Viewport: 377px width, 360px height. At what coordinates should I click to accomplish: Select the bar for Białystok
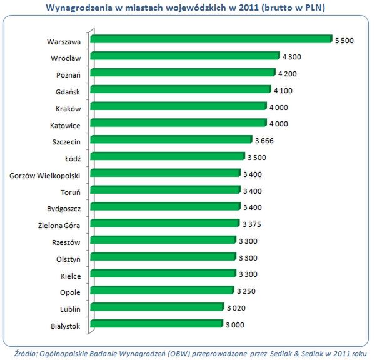[156, 324]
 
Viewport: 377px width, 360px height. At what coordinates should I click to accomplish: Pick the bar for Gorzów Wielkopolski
[165, 173]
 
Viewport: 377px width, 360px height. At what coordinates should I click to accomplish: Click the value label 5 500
[344, 41]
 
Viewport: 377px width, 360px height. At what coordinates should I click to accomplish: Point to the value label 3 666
[264, 141]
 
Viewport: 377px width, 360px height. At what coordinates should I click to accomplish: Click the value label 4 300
[291, 57]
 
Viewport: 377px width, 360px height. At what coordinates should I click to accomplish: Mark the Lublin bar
[157, 307]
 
